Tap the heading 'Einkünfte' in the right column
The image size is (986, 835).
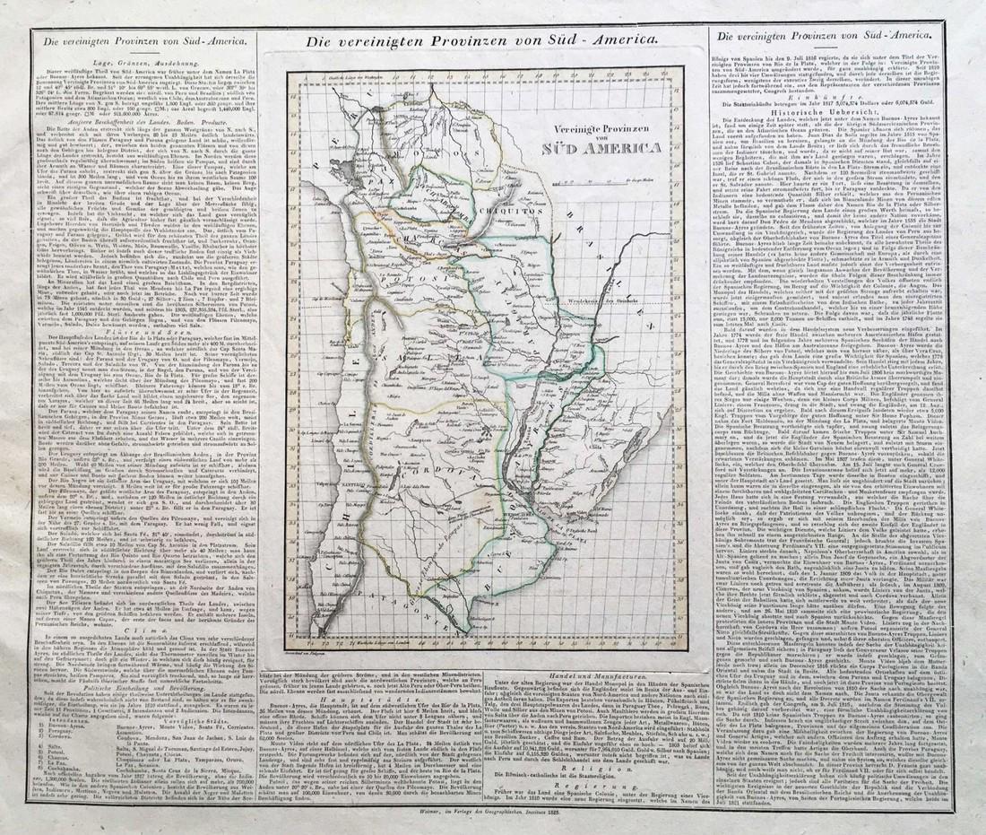(x=841, y=95)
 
